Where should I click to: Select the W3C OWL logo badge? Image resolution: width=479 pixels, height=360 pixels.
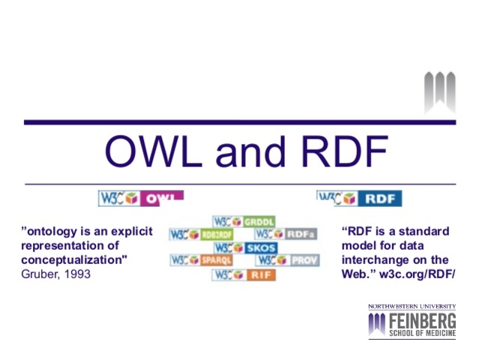pyautogui.click(x=141, y=199)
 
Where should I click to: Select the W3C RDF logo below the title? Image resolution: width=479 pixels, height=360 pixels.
pyautogui.click(x=359, y=199)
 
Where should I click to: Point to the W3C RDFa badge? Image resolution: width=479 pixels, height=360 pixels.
pyautogui.click(x=286, y=234)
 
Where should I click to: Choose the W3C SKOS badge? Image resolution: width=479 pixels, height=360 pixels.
pyautogui.click(x=244, y=247)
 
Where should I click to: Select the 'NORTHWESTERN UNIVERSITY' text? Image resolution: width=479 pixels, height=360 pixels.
pyautogui.click(x=411, y=307)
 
